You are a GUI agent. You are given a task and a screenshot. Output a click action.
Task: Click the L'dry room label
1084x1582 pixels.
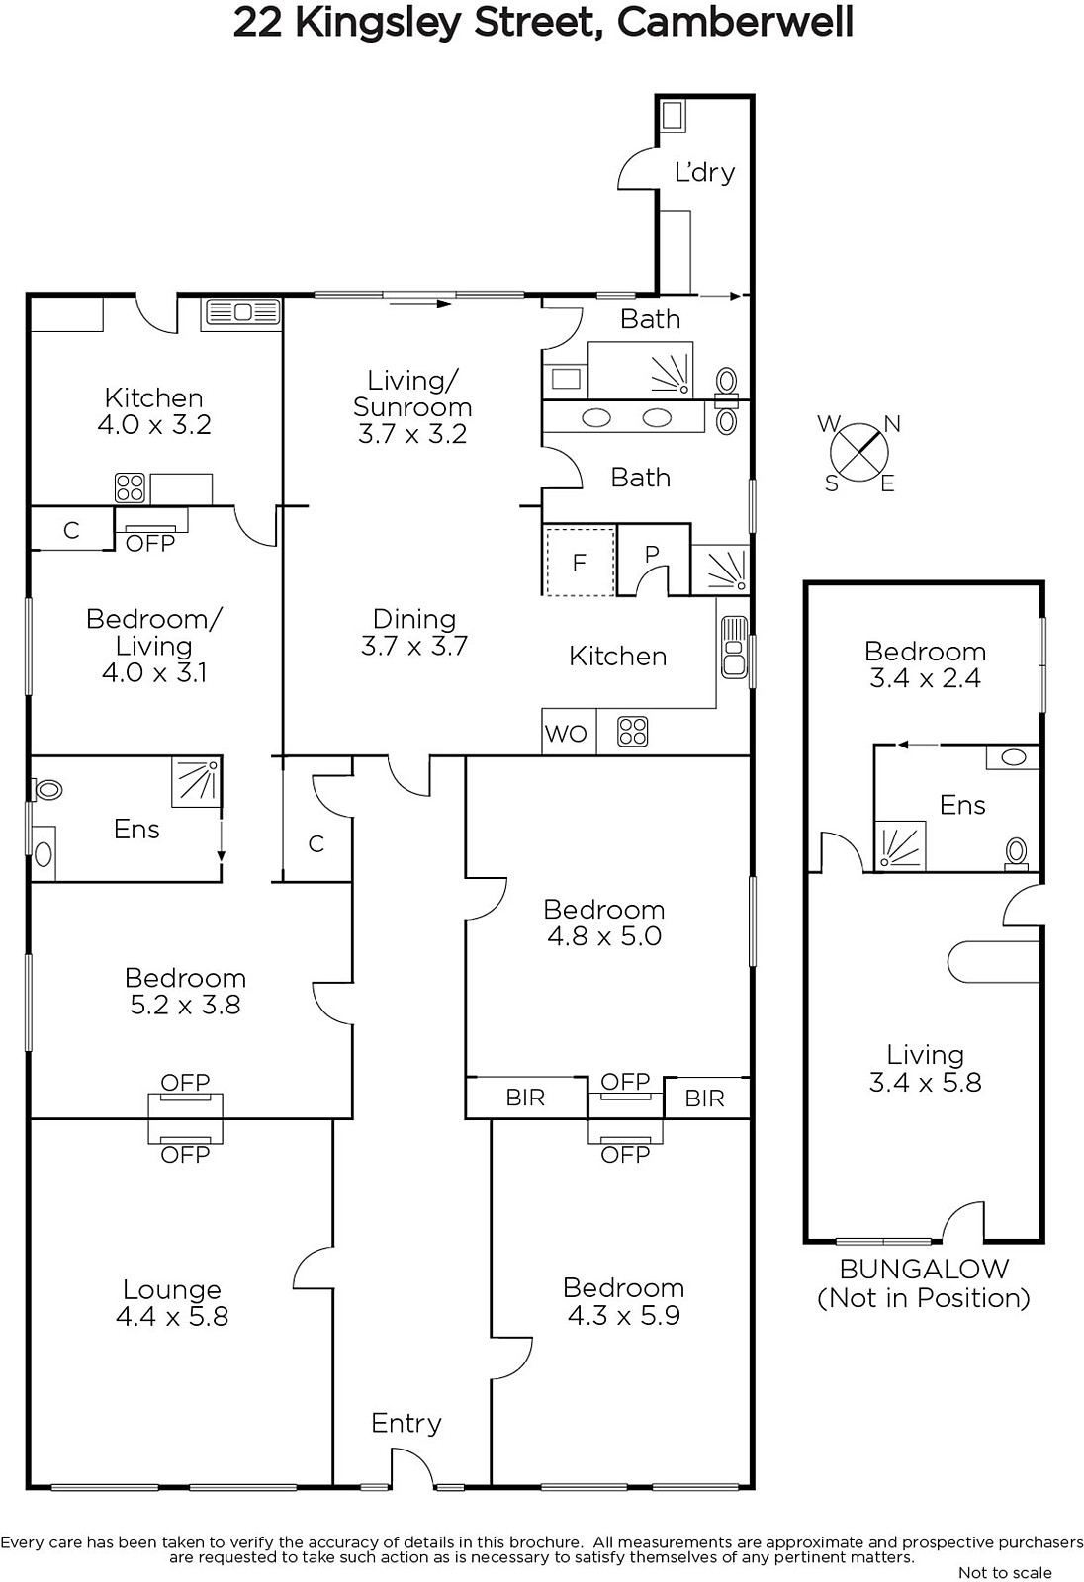(x=704, y=172)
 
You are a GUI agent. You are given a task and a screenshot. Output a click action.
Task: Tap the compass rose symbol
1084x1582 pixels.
(x=858, y=452)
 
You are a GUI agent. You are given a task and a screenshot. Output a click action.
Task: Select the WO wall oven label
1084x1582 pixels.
(x=566, y=734)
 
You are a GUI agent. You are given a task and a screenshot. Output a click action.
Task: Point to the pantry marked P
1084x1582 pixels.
(x=652, y=554)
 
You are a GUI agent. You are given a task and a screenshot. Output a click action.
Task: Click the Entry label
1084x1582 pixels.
(x=406, y=1423)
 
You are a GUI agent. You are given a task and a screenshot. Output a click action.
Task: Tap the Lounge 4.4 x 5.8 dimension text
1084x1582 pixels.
(x=172, y=1316)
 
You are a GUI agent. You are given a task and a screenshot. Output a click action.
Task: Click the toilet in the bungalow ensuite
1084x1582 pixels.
(x=1016, y=852)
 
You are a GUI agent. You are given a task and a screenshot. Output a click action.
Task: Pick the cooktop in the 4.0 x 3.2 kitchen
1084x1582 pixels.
(x=130, y=488)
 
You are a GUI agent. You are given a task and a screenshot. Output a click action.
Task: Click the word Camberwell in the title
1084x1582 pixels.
(x=735, y=23)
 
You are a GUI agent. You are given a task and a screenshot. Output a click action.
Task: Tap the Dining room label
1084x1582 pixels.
(x=414, y=619)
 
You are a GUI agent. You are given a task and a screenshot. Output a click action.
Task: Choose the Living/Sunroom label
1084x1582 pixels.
(x=412, y=394)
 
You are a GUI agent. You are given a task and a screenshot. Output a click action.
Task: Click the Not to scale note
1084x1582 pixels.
(x=1005, y=1572)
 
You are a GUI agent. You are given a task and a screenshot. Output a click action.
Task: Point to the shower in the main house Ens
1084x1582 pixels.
(x=197, y=782)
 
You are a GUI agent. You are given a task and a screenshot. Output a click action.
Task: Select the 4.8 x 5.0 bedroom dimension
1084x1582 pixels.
(x=604, y=936)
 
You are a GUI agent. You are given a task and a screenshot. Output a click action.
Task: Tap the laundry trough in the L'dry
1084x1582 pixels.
(x=672, y=115)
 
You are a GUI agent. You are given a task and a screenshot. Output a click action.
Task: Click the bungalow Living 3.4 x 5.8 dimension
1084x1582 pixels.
(x=925, y=1082)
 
